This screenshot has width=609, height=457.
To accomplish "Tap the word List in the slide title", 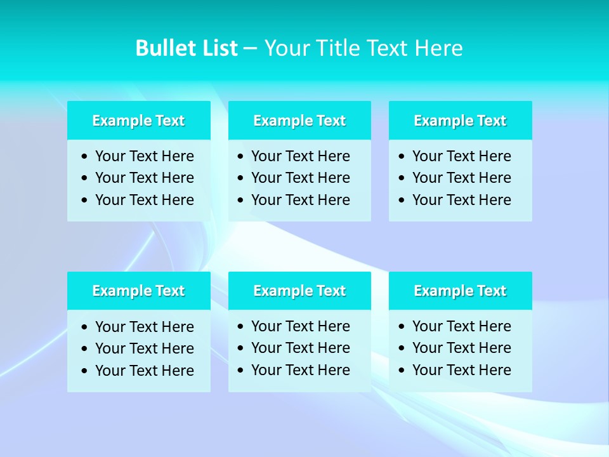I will click(x=218, y=48).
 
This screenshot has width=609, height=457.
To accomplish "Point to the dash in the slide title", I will click(x=250, y=49).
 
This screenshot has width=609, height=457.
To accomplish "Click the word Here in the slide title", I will click(x=438, y=48).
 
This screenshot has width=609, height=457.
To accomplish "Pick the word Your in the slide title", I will click(x=285, y=48).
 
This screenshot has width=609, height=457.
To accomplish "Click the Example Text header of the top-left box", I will click(x=138, y=121).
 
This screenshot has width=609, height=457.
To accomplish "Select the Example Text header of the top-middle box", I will click(x=299, y=121).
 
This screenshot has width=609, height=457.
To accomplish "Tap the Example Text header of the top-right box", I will click(x=460, y=121).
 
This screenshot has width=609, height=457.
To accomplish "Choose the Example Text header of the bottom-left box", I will click(x=138, y=291).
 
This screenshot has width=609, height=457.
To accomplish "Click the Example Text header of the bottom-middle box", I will click(x=299, y=291).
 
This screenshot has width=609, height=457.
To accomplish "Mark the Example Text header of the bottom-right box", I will click(x=460, y=291).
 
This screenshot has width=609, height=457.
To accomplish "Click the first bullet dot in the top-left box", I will click(x=85, y=156).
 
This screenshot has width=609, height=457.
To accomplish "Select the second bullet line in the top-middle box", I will click(x=300, y=178).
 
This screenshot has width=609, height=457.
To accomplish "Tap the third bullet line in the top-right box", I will click(x=461, y=200).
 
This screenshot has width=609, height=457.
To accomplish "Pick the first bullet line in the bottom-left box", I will click(x=144, y=327).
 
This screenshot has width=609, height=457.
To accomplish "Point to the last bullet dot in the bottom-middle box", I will click(x=240, y=370).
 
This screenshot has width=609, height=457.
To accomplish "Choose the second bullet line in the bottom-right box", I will click(x=461, y=348).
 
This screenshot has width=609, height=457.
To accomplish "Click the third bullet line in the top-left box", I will click(x=144, y=200).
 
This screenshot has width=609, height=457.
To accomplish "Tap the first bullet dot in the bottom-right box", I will click(x=402, y=326).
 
